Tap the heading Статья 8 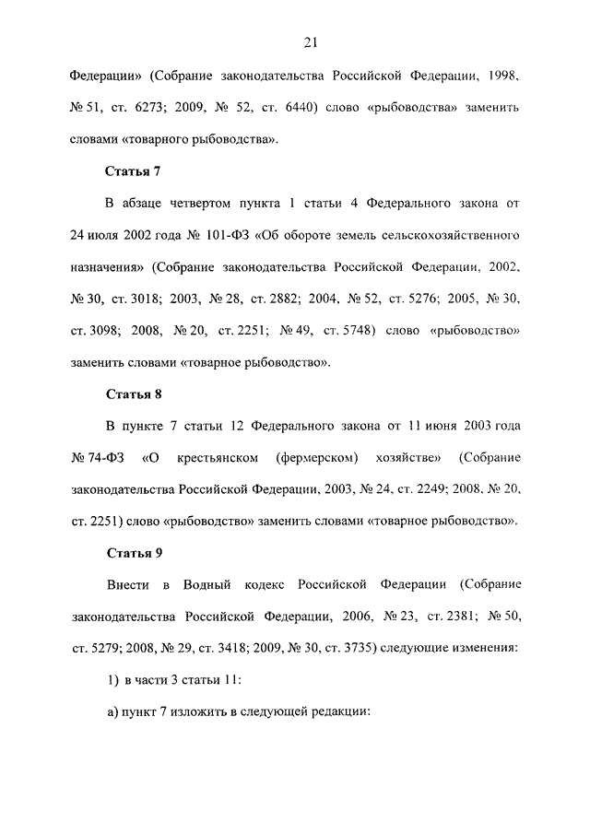pyautogui.click(x=135, y=394)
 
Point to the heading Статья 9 pyautogui.click(x=135, y=553)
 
